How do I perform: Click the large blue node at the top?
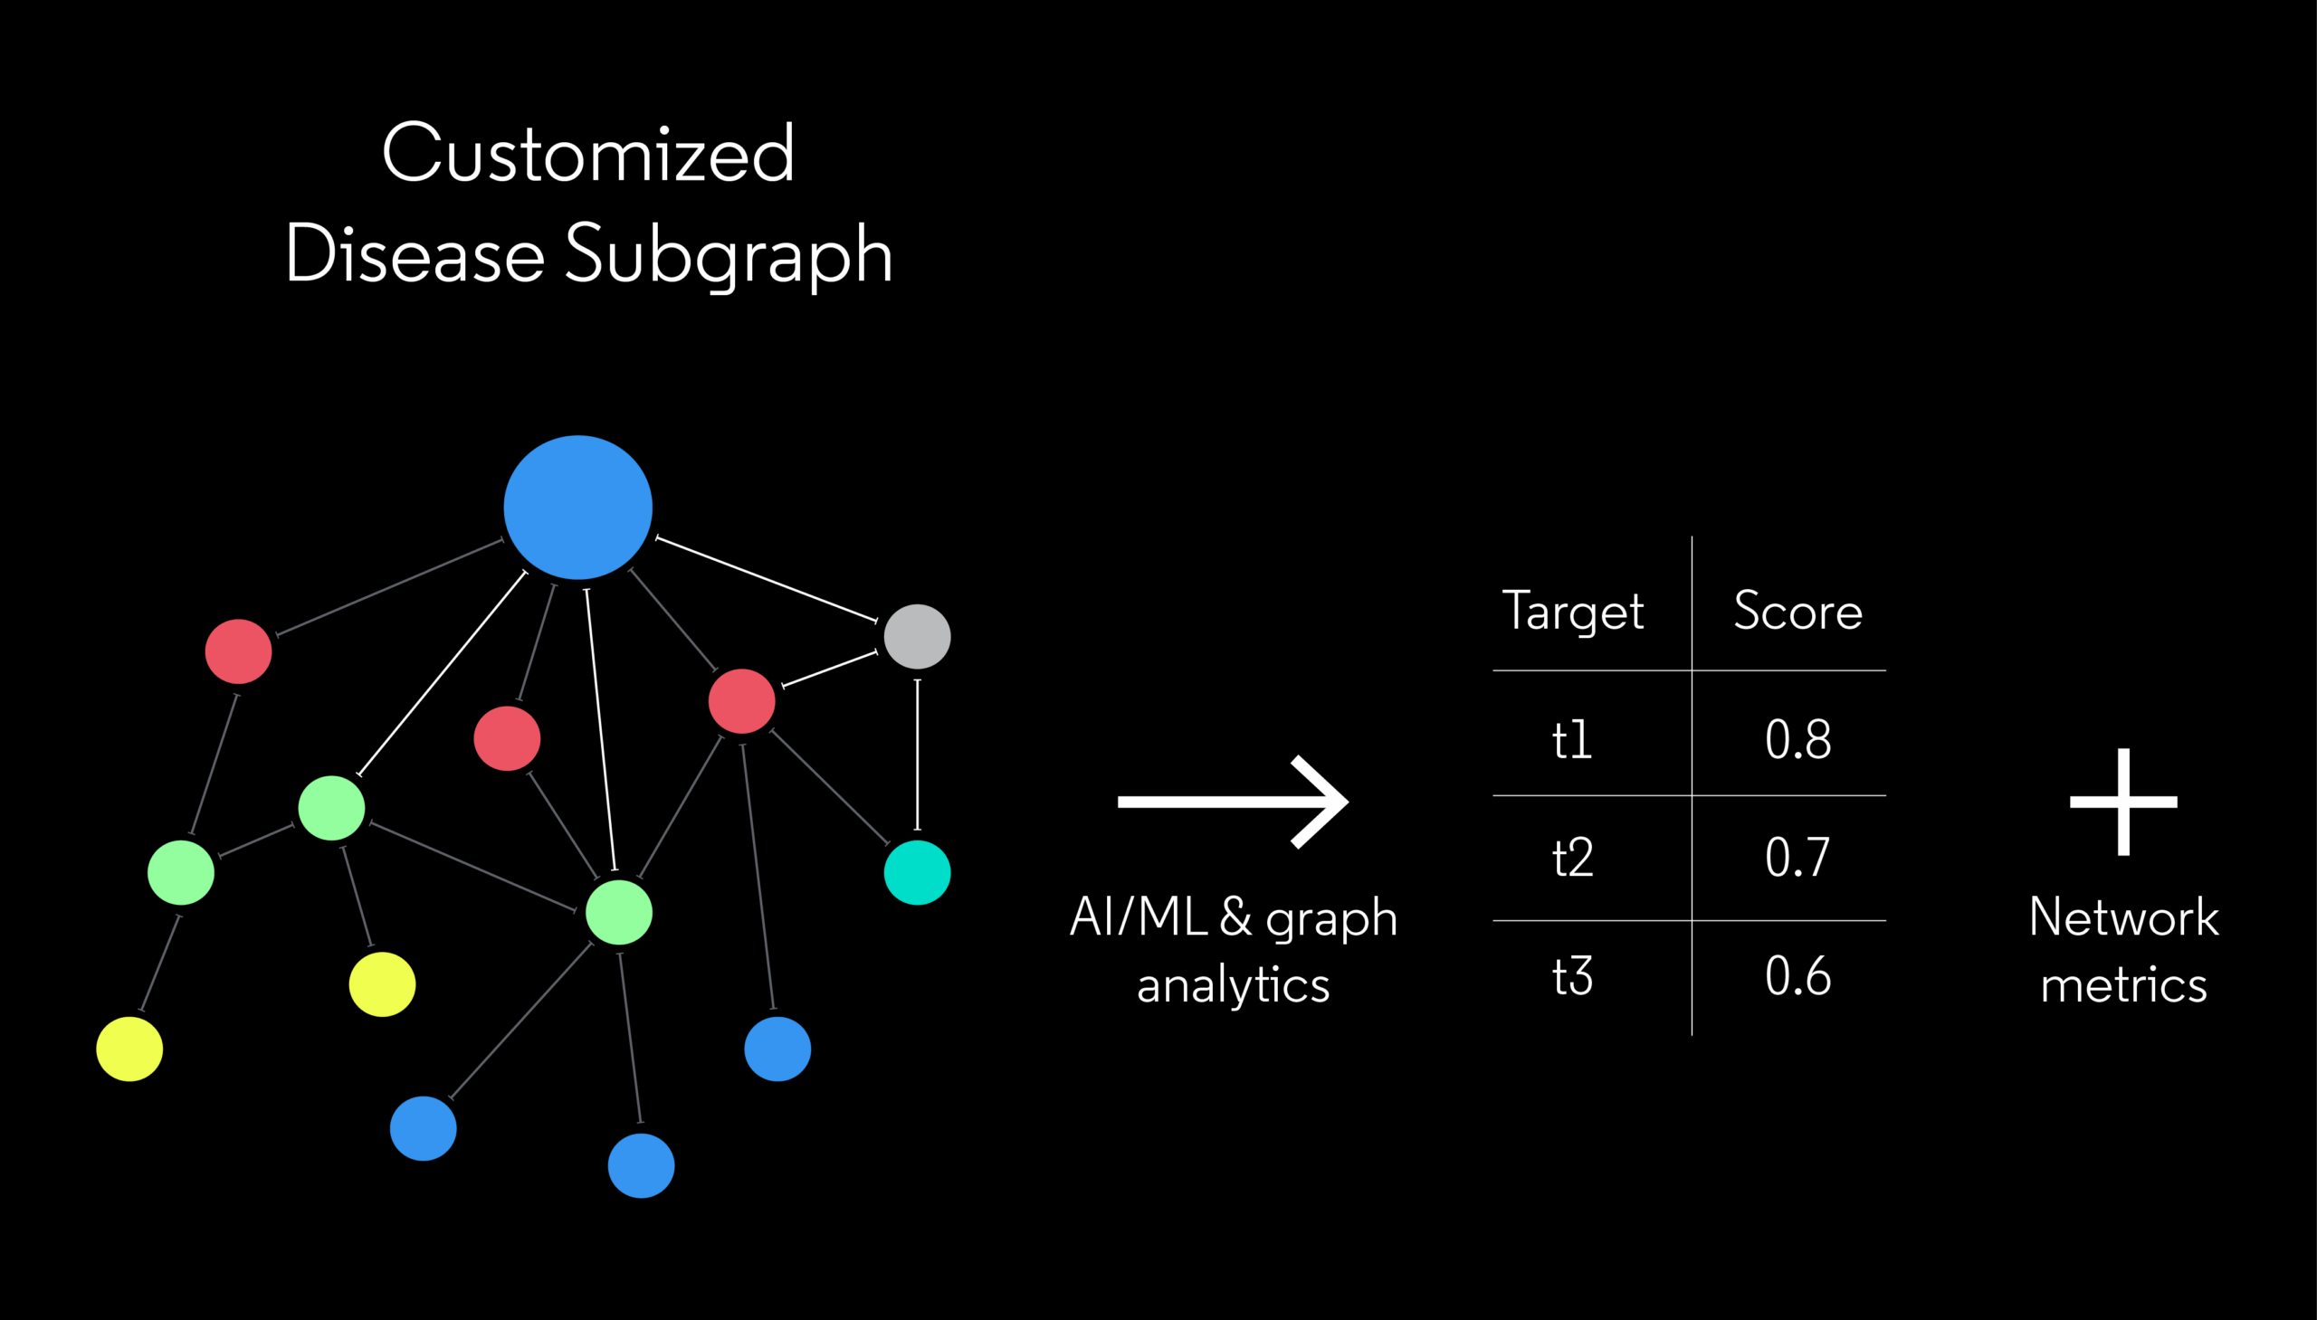point(577,507)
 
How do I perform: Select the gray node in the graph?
point(917,636)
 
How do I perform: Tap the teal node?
point(917,872)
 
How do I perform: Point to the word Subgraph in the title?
point(729,255)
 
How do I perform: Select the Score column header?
point(1797,610)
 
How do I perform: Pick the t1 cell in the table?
point(1571,740)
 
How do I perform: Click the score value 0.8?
point(1797,739)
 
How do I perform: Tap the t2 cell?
point(1571,858)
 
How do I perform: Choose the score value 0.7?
point(1797,858)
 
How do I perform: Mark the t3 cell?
point(1571,976)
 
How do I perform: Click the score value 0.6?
point(1797,976)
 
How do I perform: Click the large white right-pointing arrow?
point(1234,802)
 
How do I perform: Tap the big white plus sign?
point(2123,802)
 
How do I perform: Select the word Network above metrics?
point(2124,916)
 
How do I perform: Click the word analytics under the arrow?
point(1234,985)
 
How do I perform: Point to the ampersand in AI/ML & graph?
point(1235,916)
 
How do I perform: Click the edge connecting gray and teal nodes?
point(917,755)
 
